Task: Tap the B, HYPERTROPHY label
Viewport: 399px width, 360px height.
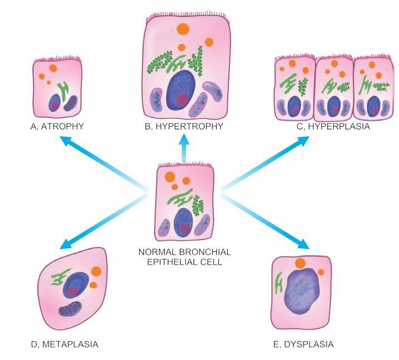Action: point(184,127)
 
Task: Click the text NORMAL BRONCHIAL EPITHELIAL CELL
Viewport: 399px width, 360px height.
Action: point(184,256)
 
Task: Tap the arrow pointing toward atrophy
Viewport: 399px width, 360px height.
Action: point(100,165)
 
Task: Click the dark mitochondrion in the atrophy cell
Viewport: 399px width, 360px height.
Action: point(70,103)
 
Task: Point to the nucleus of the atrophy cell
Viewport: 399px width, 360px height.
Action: point(55,103)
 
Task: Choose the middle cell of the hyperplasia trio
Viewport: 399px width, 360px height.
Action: point(334,89)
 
